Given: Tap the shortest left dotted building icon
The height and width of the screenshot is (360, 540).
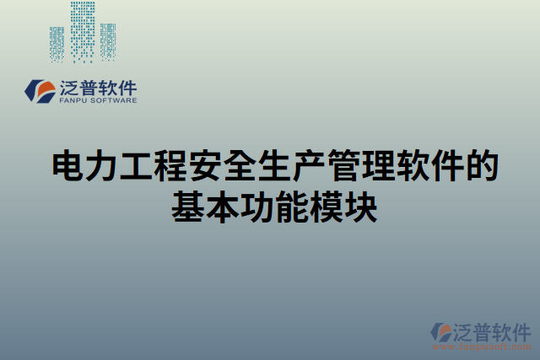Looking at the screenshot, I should point(57,44).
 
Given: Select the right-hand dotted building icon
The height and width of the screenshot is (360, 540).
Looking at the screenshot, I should point(107,40).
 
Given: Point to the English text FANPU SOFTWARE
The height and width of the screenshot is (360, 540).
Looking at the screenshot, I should point(97,100).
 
